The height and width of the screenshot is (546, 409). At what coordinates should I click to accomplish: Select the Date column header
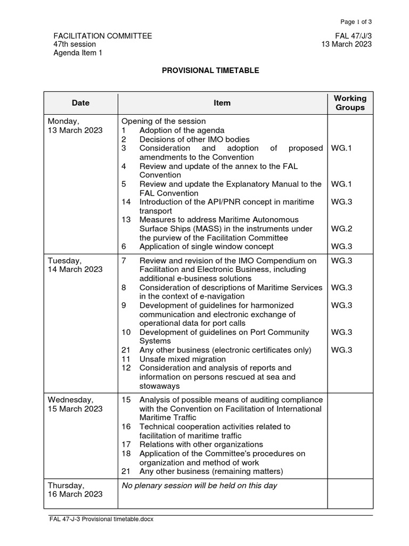pos(81,103)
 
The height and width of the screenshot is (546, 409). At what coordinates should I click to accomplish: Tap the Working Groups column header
pos(350,103)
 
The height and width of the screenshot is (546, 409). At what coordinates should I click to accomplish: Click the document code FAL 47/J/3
pos(353,36)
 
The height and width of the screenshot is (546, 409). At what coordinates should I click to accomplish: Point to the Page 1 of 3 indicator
pos(356,22)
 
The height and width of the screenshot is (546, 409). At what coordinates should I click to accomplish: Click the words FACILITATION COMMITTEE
pos(103,36)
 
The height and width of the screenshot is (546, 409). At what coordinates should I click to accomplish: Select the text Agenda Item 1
pos(77,53)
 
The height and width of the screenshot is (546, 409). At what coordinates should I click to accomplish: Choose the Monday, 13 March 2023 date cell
pos(75,126)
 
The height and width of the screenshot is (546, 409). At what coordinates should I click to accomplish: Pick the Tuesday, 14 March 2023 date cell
pos(75,265)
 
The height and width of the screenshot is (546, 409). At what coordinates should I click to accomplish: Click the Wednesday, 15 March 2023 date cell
pos(75,404)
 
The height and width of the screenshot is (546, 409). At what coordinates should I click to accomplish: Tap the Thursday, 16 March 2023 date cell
pos(75,489)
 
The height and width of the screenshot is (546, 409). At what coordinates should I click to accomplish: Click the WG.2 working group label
pos(341,228)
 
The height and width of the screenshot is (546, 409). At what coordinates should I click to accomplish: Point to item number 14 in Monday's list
pos(126,202)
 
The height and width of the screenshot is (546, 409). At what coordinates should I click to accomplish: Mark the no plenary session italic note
pos(199,485)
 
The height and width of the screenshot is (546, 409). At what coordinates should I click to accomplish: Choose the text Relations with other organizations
pos(201,444)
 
